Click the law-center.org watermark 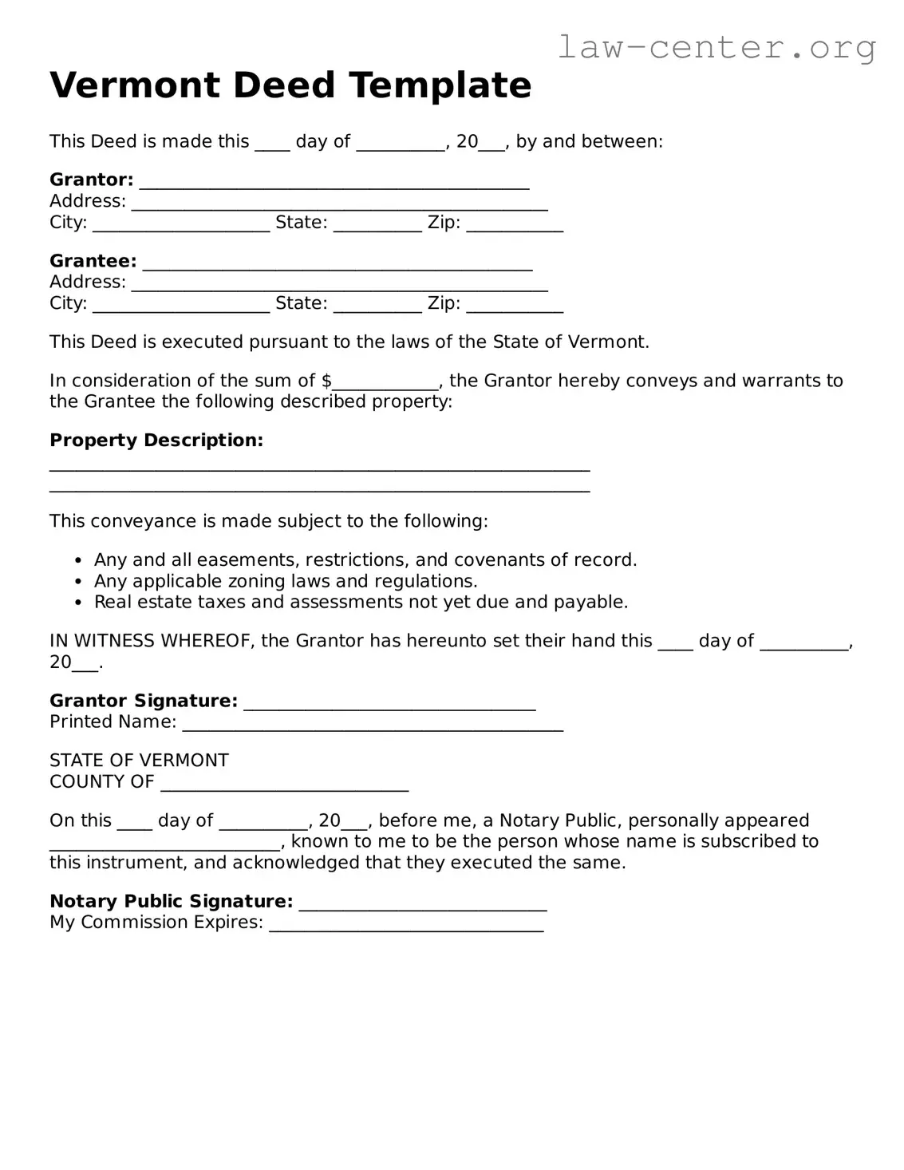tap(716, 48)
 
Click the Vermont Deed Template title tap(290, 85)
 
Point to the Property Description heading tap(156, 441)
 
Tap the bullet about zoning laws tap(286, 581)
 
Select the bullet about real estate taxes tap(361, 602)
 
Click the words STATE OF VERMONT tap(139, 761)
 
